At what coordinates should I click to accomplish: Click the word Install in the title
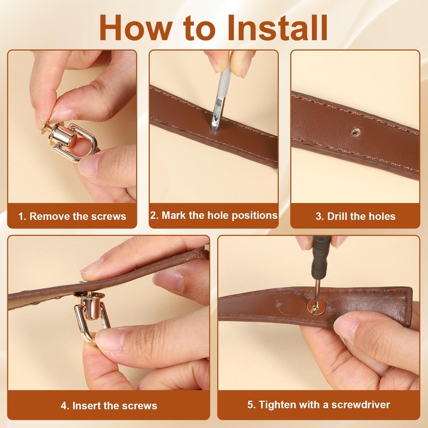[x=277, y=27]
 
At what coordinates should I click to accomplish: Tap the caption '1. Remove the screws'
[x=72, y=216]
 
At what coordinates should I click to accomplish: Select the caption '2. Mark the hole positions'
[x=213, y=216]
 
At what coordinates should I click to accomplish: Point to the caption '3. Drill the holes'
[x=355, y=216]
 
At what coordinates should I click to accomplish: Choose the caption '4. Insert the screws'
[x=109, y=406]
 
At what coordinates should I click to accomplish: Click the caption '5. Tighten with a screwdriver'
[x=318, y=404]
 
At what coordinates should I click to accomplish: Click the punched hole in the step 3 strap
[x=356, y=133]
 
